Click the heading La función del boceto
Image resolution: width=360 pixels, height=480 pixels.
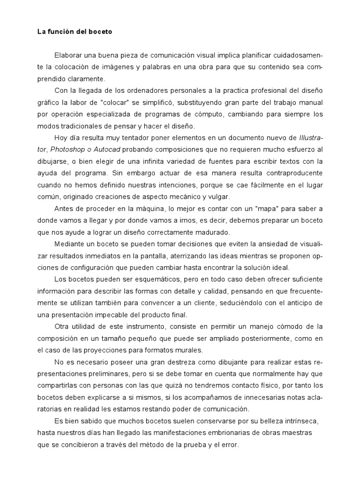point(75,32)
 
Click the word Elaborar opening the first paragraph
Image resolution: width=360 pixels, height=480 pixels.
point(69,55)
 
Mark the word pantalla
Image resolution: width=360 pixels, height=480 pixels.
point(172,255)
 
